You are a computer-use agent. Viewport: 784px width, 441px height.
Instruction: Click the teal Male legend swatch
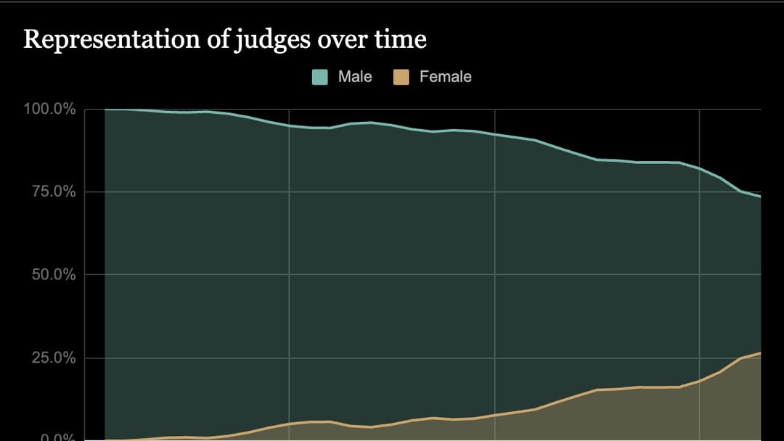(x=320, y=77)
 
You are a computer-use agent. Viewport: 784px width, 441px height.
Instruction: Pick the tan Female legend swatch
(x=402, y=77)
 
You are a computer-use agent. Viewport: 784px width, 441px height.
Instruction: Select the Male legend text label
(x=355, y=77)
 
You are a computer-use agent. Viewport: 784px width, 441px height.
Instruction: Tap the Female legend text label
(x=445, y=77)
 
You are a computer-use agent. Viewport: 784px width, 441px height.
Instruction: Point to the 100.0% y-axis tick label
(x=50, y=110)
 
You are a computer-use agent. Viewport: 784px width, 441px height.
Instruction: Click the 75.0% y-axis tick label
(x=54, y=192)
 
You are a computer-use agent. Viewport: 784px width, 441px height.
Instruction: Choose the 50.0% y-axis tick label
(x=54, y=275)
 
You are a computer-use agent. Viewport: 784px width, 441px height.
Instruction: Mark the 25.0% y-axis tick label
(x=54, y=358)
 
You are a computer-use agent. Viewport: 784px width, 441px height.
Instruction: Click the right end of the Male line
(x=760, y=197)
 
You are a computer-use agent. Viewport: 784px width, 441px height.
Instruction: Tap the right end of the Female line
(x=760, y=353)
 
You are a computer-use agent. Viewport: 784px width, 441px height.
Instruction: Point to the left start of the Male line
(x=106, y=110)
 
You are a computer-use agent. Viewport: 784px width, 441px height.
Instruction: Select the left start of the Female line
(x=106, y=440)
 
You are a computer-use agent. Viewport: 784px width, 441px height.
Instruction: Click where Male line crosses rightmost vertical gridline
(x=700, y=168)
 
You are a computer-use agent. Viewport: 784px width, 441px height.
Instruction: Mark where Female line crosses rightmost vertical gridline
(x=700, y=381)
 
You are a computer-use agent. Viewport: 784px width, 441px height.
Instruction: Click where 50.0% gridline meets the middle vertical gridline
(x=494, y=275)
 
